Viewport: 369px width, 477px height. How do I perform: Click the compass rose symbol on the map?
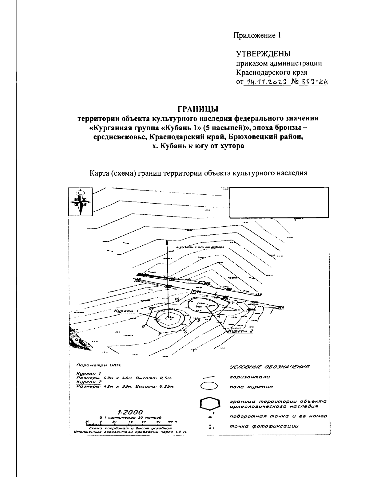[x=80, y=202]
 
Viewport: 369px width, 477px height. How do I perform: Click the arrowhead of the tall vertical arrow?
[x=167, y=242]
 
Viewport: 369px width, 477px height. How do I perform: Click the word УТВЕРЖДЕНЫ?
[x=263, y=54]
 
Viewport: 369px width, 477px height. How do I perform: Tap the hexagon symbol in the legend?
[x=210, y=403]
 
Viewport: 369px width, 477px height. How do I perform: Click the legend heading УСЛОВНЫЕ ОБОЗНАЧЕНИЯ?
[x=269, y=367]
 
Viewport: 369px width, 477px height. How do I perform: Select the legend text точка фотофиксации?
[x=264, y=426]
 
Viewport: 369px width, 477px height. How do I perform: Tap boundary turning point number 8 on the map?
[x=143, y=326]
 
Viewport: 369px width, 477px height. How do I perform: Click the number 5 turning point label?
[x=199, y=320]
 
